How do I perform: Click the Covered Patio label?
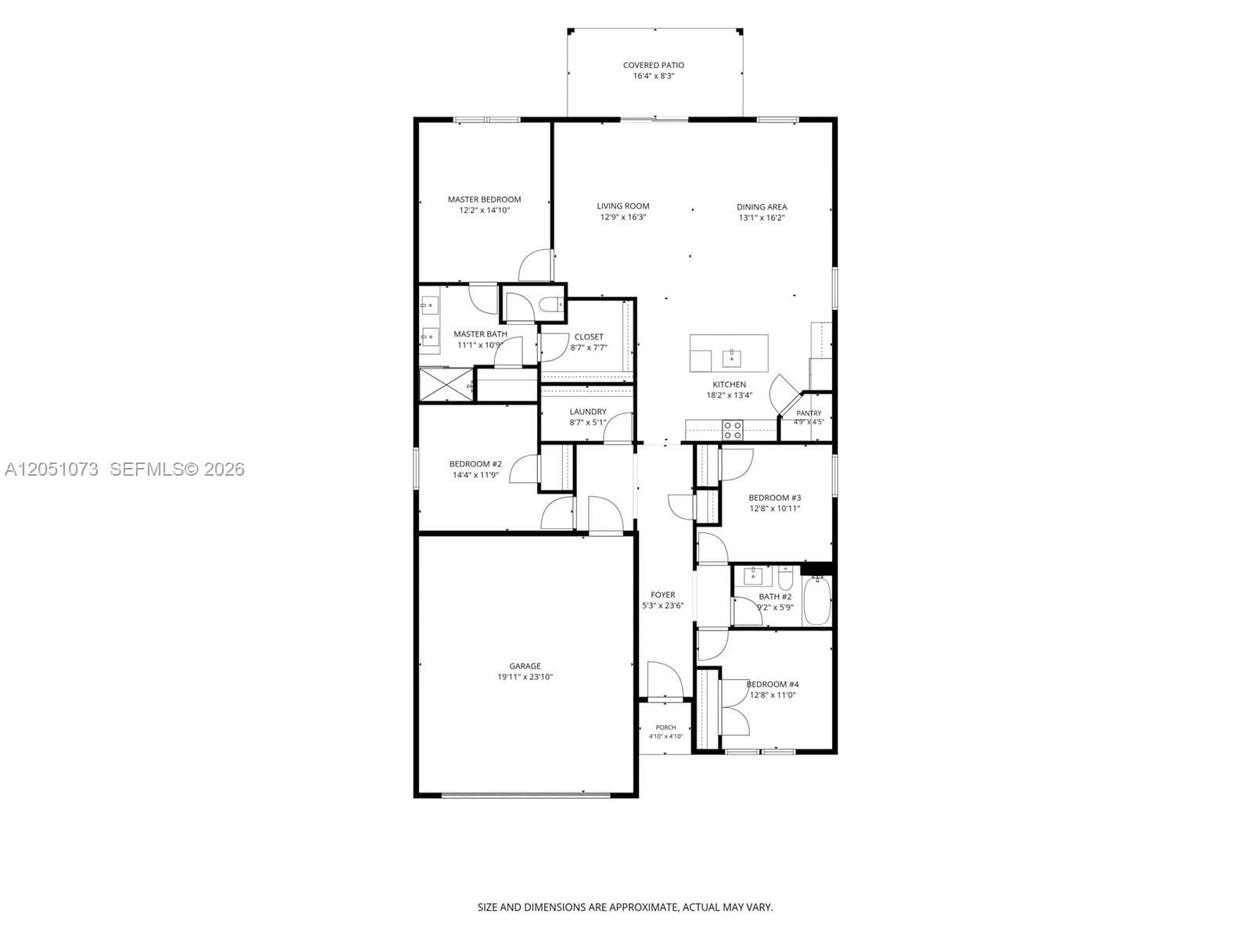click(x=653, y=65)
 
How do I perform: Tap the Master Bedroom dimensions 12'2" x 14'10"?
click(x=485, y=210)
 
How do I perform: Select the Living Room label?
click(x=623, y=206)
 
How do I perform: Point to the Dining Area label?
click(x=762, y=207)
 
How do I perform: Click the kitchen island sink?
click(x=731, y=358)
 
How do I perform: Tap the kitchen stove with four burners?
click(x=733, y=430)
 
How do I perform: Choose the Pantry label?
click(x=808, y=413)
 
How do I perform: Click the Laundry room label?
click(x=588, y=412)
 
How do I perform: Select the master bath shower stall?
click(x=446, y=385)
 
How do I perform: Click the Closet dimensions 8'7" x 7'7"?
click(x=589, y=347)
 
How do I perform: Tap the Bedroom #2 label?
click(x=475, y=464)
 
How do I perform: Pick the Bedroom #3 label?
click(x=775, y=498)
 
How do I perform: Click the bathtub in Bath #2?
click(x=817, y=601)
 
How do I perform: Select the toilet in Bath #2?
click(x=785, y=577)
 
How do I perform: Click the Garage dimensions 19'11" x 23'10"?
click(x=525, y=678)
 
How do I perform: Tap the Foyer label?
click(x=663, y=595)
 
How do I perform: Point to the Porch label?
click(x=665, y=728)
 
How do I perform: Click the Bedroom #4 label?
click(x=772, y=684)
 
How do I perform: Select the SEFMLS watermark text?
click(x=177, y=469)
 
